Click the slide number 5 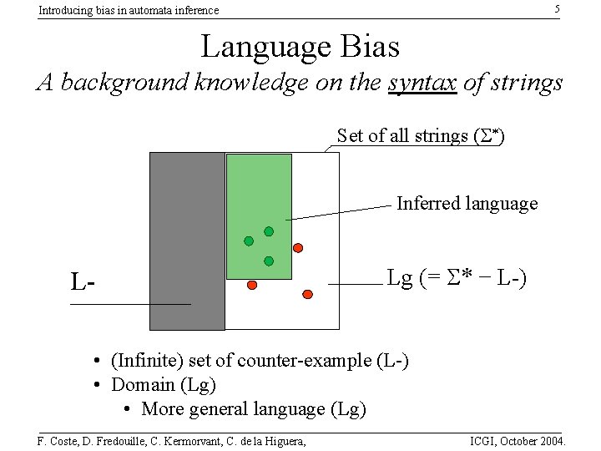pos(558,9)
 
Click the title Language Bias pos(300,46)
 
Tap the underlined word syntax pos(422,84)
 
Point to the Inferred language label pos(467,203)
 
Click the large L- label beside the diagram pos(83,282)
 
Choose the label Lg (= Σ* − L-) pos(456,278)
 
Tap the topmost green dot pos(269,231)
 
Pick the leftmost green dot pos(249,241)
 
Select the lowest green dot pos(269,261)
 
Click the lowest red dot pos(307,294)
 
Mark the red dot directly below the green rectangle pos(252,285)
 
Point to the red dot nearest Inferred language pos(297,247)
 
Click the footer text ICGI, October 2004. pos(518,440)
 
